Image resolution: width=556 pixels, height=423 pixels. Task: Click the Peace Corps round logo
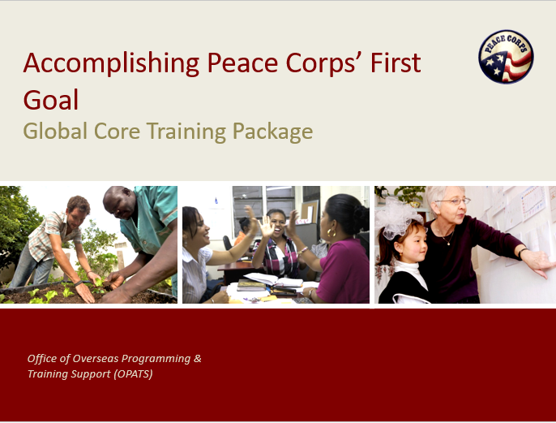coord(506,57)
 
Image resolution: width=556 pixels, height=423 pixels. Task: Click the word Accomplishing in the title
coord(111,63)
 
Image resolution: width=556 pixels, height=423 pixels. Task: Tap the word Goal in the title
coord(51,100)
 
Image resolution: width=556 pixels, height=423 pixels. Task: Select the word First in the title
coord(396,63)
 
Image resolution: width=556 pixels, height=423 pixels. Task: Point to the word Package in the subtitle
coord(272,132)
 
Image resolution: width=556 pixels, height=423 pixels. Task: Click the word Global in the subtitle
coord(55,131)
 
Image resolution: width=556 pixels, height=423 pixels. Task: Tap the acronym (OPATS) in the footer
coord(133,374)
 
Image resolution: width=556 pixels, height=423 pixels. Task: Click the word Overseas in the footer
coord(96,359)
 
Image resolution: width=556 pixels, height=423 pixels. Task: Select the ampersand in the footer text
coord(198,358)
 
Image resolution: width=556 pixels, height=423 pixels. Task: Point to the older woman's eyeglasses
coord(454,201)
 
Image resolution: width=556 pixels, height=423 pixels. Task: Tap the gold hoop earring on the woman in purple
coord(331,233)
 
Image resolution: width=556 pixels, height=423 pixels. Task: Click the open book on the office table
coord(273,280)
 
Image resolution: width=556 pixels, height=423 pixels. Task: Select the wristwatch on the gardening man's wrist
coord(78,283)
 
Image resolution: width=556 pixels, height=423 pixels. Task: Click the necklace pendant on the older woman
coord(448,244)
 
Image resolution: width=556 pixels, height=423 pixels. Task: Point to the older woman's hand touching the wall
coord(539,263)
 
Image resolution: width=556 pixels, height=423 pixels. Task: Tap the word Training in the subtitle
coord(186,132)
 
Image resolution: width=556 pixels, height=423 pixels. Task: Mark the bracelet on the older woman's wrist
coord(521,252)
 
